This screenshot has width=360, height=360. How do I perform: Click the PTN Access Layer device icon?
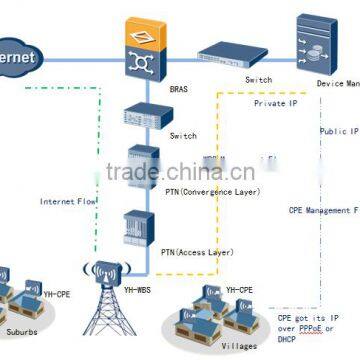[x=137, y=230]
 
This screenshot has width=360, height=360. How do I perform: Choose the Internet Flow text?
[x=67, y=200]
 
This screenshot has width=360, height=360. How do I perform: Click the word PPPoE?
[x=322, y=328]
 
